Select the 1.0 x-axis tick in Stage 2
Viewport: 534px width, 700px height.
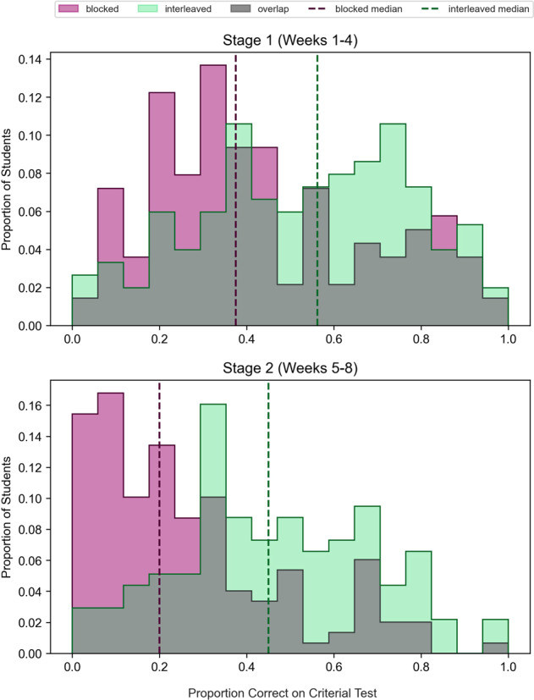508,666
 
